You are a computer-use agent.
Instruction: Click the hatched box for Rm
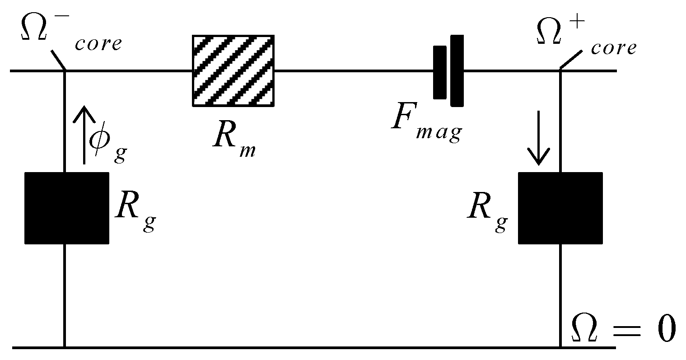(x=233, y=70)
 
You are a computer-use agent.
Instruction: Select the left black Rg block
(x=67, y=208)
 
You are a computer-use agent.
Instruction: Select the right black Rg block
(x=560, y=208)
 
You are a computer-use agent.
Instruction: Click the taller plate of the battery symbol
(x=457, y=70)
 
